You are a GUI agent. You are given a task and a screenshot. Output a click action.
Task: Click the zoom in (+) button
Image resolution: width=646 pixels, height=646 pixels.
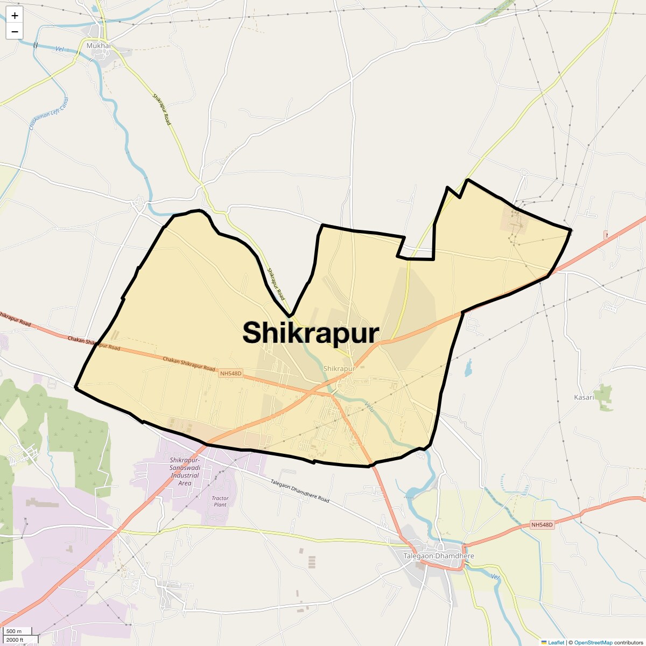[x=15, y=16]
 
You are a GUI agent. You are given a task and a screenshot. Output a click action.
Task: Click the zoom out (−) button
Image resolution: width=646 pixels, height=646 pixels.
[x=15, y=31]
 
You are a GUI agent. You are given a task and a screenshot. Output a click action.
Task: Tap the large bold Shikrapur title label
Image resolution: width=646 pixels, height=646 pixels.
[x=311, y=333]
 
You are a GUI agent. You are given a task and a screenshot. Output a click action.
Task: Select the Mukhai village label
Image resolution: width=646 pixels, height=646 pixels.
[x=99, y=46]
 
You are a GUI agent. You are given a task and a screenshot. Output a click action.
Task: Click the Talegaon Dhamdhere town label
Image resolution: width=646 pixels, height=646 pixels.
[x=439, y=556]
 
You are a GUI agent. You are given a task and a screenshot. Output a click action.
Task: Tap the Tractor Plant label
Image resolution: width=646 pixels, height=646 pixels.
[x=220, y=501]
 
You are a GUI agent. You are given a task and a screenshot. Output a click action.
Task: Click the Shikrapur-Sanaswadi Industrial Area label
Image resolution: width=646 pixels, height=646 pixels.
[x=185, y=472]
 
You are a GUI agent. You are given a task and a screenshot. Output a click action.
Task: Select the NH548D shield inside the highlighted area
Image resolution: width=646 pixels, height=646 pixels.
[x=231, y=373]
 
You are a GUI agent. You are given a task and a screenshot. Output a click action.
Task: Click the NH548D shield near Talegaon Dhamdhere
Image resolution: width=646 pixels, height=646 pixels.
[x=542, y=524]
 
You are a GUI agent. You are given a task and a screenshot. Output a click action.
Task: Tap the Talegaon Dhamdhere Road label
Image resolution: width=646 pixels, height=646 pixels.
[x=300, y=491]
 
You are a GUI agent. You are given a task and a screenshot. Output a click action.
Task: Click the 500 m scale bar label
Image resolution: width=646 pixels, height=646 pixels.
[x=15, y=631]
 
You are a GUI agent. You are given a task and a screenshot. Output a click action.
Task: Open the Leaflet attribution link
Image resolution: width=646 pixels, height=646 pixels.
[x=556, y=642]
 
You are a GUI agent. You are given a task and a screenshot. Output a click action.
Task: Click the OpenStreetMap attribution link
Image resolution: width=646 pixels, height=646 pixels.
[x=593, y=642]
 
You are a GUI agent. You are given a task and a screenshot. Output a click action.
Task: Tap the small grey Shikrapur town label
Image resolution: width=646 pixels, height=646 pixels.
[x=340, y=368]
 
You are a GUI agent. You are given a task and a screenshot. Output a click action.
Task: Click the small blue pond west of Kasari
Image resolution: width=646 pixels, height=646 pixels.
[x=468, y=368]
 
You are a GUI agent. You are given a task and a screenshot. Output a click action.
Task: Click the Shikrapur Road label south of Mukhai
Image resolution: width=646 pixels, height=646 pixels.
[x=161, y=110]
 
